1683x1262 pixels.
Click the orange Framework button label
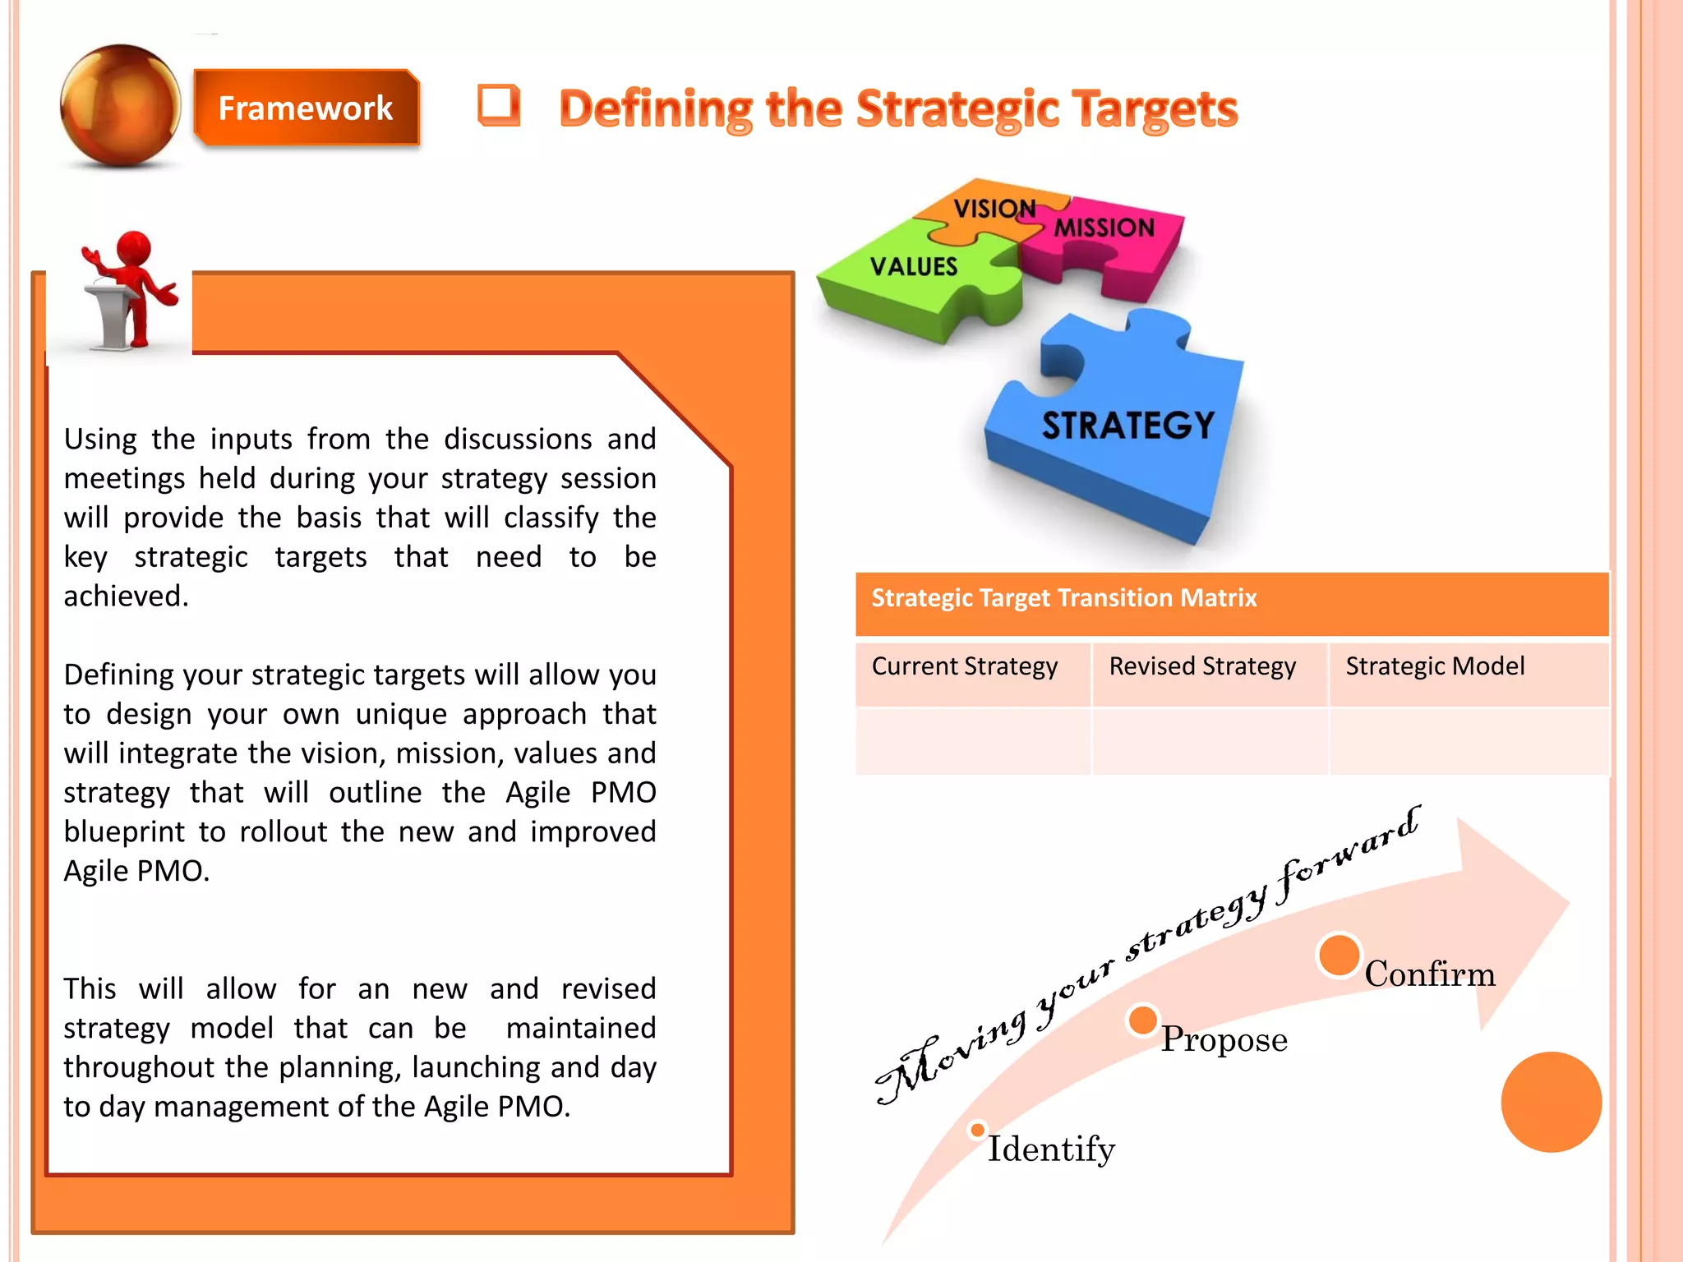(x=305, y=108)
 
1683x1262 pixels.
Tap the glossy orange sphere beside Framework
(x=121, y=105)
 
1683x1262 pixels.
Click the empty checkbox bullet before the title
(x=499, y=106)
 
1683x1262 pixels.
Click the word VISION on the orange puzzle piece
(x=994, y=209)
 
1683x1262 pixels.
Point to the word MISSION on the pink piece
(x=1104, y=228)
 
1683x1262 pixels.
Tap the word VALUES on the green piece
(x=914, y=266)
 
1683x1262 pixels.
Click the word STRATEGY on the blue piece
(x=1127, y=426)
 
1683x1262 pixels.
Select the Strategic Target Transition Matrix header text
(x=1063, y=598)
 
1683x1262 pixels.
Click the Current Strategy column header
(x=964, y=666)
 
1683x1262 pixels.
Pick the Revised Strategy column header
(x=1201, y=666)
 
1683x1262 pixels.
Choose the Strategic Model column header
(x=1434, y=666)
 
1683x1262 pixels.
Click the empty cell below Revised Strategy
(x=1209, y=741)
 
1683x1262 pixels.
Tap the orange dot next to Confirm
(x=1339, y=956)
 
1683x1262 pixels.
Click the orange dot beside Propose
(x=1142, y=1020)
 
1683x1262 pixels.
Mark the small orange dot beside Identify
(x=977, y=1131)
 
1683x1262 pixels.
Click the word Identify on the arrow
(x=1051, y=1149)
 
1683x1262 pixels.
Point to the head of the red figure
(x=134, y=248)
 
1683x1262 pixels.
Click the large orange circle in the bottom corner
(x=1551, y=1102)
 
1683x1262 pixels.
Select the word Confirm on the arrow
(x=1430, y=974)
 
